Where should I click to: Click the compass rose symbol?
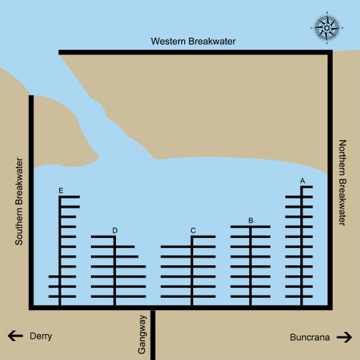(x=327, y=27)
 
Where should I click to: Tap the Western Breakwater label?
(x=193, y=41)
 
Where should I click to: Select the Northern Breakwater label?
(x=343, y=183)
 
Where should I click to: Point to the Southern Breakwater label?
(x=19, y=202)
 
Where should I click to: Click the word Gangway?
(x=142, y=334)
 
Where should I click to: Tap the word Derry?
(x=41, y=337)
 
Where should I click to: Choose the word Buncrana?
(x=310, y=337)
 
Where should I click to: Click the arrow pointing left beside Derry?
(x=15, y=336)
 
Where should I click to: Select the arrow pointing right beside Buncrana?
(x=344, y=337)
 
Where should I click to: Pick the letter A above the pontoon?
(x=302, y=181)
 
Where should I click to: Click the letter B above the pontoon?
(x=251, y=221)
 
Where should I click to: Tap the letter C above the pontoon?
(x=193, y=230)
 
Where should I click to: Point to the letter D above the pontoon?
(x=115, y=230)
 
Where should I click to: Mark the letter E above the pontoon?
(x=61, y=191)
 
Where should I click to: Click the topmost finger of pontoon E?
(x=69, y=197)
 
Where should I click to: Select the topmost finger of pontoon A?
(x=306, y=187)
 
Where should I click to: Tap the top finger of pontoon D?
(x=103, y=236)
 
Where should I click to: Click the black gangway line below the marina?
(x=153, y=335)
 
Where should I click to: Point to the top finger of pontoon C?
(x=203, y=236)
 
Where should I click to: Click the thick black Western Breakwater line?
(x=196, y=52)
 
